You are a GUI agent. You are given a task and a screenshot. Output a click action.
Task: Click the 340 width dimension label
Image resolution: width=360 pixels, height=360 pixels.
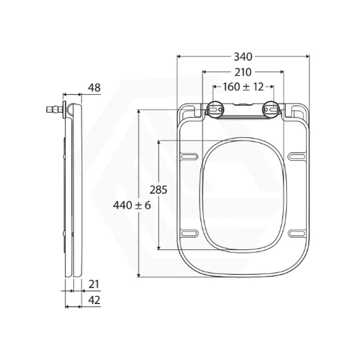point(243,57)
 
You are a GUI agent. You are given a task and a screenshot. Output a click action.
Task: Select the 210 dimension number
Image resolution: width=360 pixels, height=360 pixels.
point(243,72)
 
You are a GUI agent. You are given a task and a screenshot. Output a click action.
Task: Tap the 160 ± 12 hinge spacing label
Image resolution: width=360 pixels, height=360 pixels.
point(243,87)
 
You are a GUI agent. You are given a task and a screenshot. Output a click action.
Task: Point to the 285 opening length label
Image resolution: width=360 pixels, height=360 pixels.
point(158,190)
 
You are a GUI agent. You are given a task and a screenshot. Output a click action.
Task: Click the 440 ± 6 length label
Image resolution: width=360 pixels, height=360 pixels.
point(132,205)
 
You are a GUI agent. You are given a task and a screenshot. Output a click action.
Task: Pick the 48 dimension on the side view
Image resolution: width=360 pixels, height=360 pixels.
point(94,88)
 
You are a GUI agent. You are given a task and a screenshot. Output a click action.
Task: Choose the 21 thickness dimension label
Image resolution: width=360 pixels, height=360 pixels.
point(94,284)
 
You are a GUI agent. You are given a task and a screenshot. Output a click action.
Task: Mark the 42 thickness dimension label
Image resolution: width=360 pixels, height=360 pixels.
point(94,300)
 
